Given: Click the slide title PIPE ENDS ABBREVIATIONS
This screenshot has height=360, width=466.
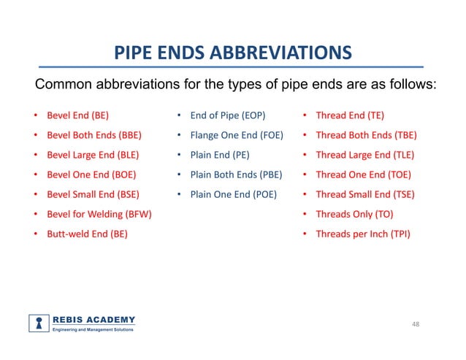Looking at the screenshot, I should tap(233, 53).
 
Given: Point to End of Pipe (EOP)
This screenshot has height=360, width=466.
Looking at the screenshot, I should tap(227, 115).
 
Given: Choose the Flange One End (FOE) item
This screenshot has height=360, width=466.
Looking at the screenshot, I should tap(237, 135).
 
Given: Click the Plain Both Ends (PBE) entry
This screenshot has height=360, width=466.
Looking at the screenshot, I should tap(236, 175).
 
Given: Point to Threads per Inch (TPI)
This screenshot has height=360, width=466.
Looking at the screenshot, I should tap(362, 234).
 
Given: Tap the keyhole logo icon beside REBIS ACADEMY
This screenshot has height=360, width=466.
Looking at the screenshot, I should tap(39, 323).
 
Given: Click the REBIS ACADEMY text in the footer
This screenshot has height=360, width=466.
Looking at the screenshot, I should tap(93, 320).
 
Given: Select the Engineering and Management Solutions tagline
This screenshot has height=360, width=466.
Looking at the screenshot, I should tap(92, 331).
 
